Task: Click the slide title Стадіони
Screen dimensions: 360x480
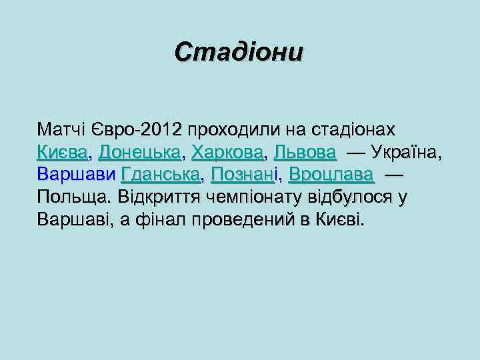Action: click(239, 52)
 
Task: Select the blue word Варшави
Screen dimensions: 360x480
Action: click(77, 175)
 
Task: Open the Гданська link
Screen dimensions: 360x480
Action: click(161, 175)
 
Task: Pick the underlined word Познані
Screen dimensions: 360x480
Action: click(244, 175)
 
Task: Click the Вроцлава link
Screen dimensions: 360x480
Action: click(331, 175)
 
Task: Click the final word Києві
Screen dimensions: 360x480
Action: click(342, 221)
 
